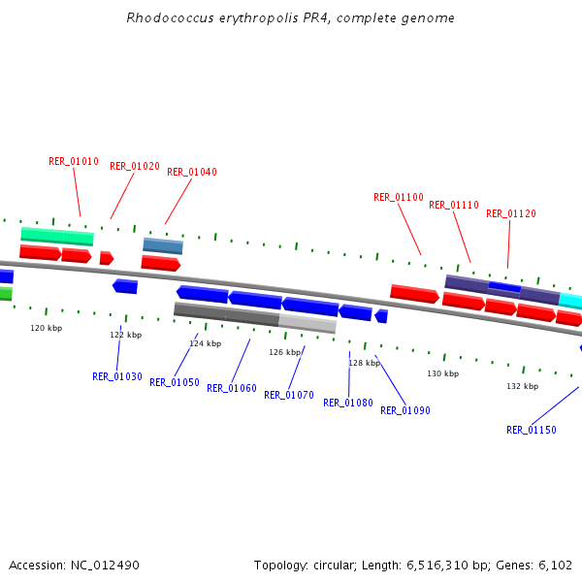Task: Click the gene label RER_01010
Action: [74, 162]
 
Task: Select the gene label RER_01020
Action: [135, 167]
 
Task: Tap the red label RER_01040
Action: [192, 173]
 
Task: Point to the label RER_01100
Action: [399, 198]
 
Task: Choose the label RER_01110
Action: [454, 206]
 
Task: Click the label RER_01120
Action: [511, 214]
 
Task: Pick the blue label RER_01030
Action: [117, 377]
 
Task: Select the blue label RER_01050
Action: [175, 383]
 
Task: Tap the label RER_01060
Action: [232, 389]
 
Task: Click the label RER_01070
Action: [289, 396]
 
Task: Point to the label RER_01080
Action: [348, 404]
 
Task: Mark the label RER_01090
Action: [405, 411]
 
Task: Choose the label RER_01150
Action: [532, 431]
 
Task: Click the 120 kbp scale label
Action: [47, 329]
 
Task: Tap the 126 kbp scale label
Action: [285, 352]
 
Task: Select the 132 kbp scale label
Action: [522, 386]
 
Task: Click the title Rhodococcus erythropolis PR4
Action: [291, 18]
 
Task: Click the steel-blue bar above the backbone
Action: [163, 245]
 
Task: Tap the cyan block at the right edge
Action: [570, 301]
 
